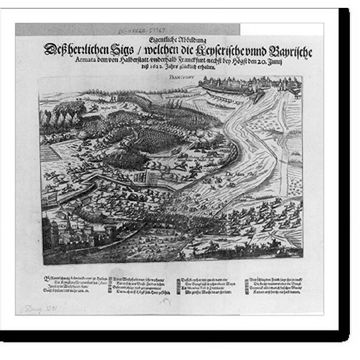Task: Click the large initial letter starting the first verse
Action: click(46, 277)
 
